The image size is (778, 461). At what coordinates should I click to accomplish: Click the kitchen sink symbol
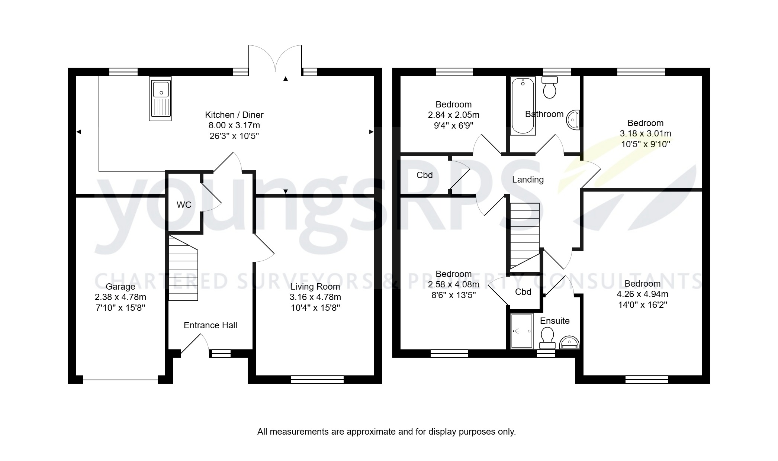pyautogui.click(x=160, y=99)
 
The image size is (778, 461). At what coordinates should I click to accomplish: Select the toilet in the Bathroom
pyautogui.click(x=549, y=88)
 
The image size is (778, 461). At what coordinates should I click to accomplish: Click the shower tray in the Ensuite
pyautogui.click(x=522, y=331)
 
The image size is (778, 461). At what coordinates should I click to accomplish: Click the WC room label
pyautogui.click(x=184, y=205)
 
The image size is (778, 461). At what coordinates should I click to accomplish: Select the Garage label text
pyautogui.click(x=120, y=287)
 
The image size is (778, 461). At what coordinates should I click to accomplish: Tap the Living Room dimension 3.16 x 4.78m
pyautogui.click(x=315, y=297)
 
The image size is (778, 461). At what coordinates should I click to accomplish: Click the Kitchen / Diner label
pyautogui.click(x=234, y=115)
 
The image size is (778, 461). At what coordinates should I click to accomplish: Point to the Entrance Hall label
pyautogui.click(x=210, y=325)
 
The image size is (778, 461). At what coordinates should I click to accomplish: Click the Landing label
pyautogui.click(x=528, y=180)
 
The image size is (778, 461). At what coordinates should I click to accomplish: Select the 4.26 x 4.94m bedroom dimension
pyautogui.click(x=642, y=294)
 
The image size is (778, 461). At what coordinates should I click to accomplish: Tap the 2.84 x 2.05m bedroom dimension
pyautogui.click(x=453, y=115)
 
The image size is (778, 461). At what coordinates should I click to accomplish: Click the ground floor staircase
pyautogui.click(x=183, y=268)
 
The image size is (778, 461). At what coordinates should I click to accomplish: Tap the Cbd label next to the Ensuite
pyautogui.click(x=523, y=292)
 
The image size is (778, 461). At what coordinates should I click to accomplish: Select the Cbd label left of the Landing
pyautogui.click(x=424, y=175)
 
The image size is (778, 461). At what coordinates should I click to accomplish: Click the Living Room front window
pyautogui.click(x=317, y=379)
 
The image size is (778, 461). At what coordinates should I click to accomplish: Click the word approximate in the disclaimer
pyautogui.click(x=368, y=432)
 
